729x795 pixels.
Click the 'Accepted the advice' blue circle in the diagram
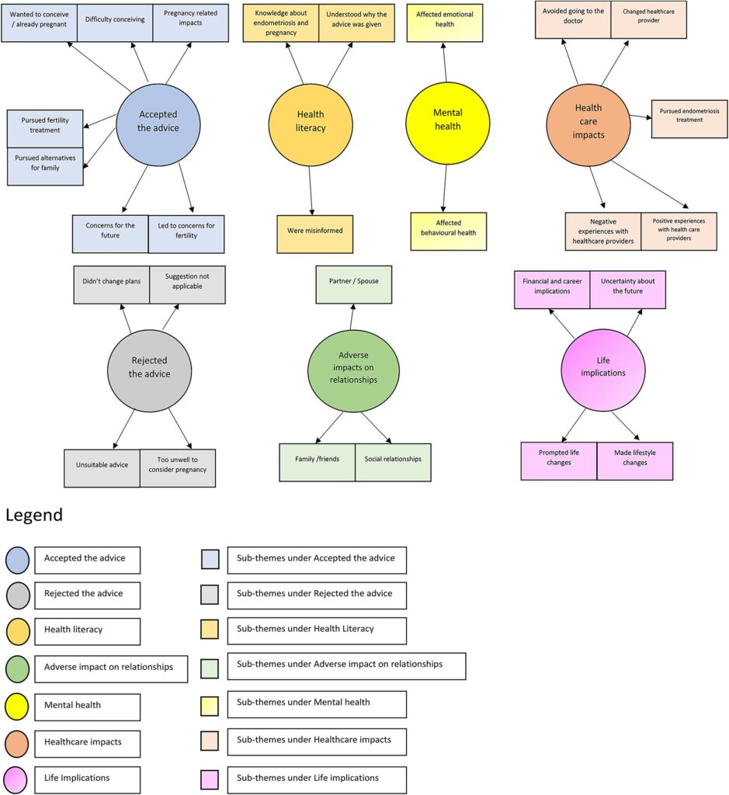coord(158,124)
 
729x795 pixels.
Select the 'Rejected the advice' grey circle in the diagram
coord(150,370)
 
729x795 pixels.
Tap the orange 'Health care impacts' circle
coord(588,125)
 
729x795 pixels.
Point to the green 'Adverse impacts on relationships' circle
coord(353,371)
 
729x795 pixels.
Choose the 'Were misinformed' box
coord(315,234)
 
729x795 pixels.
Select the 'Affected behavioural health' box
coord(448,231)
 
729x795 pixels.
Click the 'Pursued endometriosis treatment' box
coord(689,119)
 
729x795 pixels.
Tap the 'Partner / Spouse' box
coord(354,284)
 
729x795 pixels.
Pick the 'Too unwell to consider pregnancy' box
coord(178,468)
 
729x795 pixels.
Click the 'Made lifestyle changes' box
coord(635,461)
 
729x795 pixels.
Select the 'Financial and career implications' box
coord(552,290)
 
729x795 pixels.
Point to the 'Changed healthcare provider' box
coord(648,19)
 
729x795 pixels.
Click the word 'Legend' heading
coord(34,516)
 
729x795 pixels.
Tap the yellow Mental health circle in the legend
coord(17,706)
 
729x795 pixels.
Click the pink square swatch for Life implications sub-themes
coord(210,779)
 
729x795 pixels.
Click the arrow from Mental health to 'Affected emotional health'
coord(445,62)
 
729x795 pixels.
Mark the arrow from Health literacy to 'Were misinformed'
coord(311,191)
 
